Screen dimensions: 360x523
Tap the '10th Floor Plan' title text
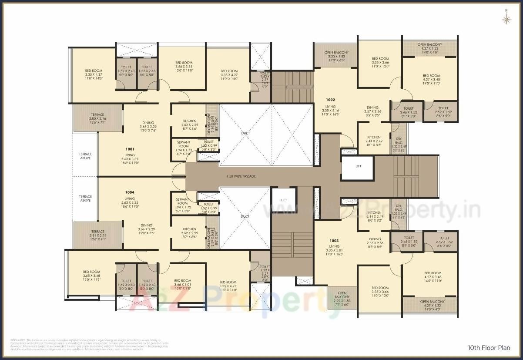click(489, 348)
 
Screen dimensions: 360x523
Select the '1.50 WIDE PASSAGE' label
click(241, 176)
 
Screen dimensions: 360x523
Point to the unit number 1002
click(331, 100)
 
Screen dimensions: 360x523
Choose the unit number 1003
click(334, 241)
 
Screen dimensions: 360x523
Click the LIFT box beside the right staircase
click(358, 166)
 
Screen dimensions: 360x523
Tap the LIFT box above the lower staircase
click(284, 200)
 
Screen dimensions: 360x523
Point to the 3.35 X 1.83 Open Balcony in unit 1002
click(336, 57)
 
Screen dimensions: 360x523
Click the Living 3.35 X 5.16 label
click(331, 111)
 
